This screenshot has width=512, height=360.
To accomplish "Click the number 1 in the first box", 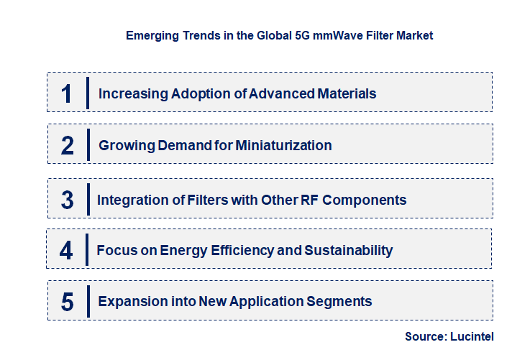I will point(67,93).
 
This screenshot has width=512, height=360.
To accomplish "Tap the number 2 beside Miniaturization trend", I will point(68,146).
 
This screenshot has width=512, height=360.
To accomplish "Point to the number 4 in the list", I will point(66,251).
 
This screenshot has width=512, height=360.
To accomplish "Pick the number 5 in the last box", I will point(68,302).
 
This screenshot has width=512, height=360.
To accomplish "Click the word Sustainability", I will point(349,250).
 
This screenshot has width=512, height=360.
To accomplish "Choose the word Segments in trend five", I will point(340,301).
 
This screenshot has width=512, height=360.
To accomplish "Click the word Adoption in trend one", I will point(198,93).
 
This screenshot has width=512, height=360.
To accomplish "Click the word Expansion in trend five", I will point(129,301).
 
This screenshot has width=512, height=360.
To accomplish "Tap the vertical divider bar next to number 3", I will point(88,200).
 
